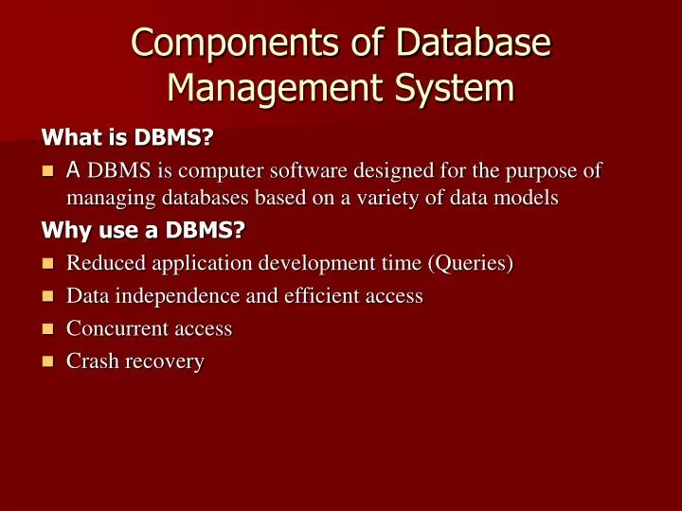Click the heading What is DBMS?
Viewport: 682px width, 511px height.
tap(128, 139)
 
